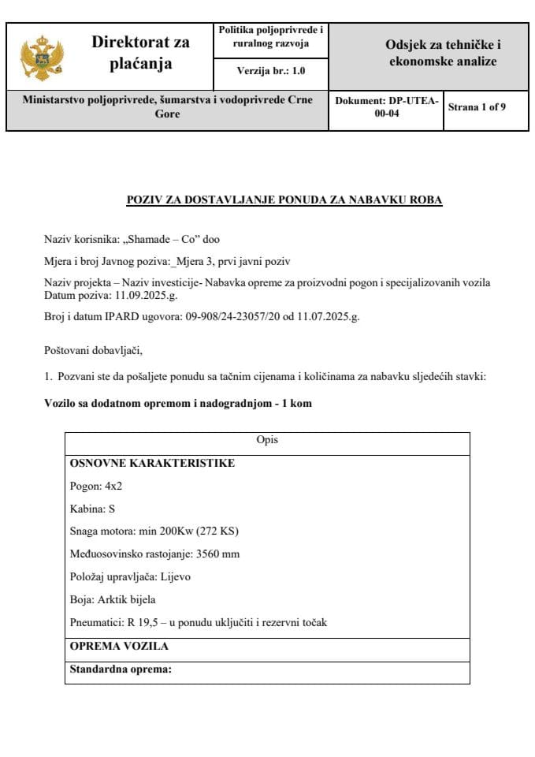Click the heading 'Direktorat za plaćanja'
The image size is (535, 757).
(x=140, y=52)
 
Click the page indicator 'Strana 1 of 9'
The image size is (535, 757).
(x=477, y=107)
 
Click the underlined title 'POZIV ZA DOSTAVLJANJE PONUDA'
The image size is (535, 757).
(x=284, y=200)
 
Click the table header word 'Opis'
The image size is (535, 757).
(x=267, y=440)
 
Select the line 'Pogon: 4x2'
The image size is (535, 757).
(x=96, y=486)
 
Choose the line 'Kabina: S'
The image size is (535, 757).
(x=92, y=509)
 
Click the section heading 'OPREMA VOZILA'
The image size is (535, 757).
(x=118, y=646)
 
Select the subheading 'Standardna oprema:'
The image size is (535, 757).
(x=121, y=669)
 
